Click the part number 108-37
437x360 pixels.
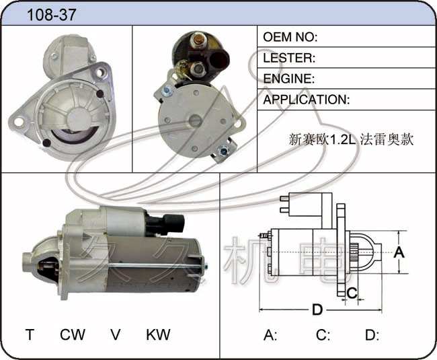52,15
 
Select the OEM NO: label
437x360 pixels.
290,37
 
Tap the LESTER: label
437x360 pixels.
289,58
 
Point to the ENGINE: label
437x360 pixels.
288,79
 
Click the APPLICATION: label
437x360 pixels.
307,100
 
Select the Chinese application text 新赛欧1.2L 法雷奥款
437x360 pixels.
351,139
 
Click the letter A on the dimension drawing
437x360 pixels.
399,252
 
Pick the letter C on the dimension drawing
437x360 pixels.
352,293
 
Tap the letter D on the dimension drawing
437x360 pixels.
317,310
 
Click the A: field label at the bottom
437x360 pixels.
270,334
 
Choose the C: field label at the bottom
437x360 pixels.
323,334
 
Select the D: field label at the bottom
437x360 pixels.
372,334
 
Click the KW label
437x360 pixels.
158,334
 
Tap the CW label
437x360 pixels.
73,334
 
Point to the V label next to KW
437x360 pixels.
116,334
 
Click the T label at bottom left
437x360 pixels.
30,334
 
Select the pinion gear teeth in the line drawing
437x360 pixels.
354,252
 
